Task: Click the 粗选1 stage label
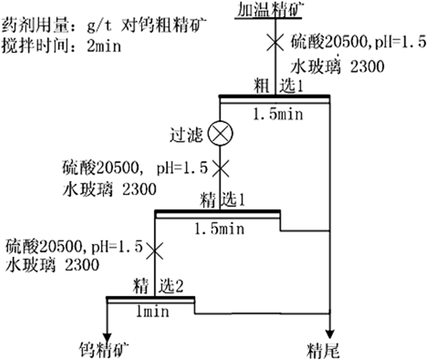coord(279,86)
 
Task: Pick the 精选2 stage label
coord(157,284)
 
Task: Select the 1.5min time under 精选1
coord(219,229)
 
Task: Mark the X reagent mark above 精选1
coord(218,166)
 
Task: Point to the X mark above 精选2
coord(155,249)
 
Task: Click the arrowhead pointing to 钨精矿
coord(108,336)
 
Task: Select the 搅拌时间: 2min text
coord(62,46)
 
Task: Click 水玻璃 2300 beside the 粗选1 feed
coord(338,65)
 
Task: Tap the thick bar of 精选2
coord(150,298)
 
